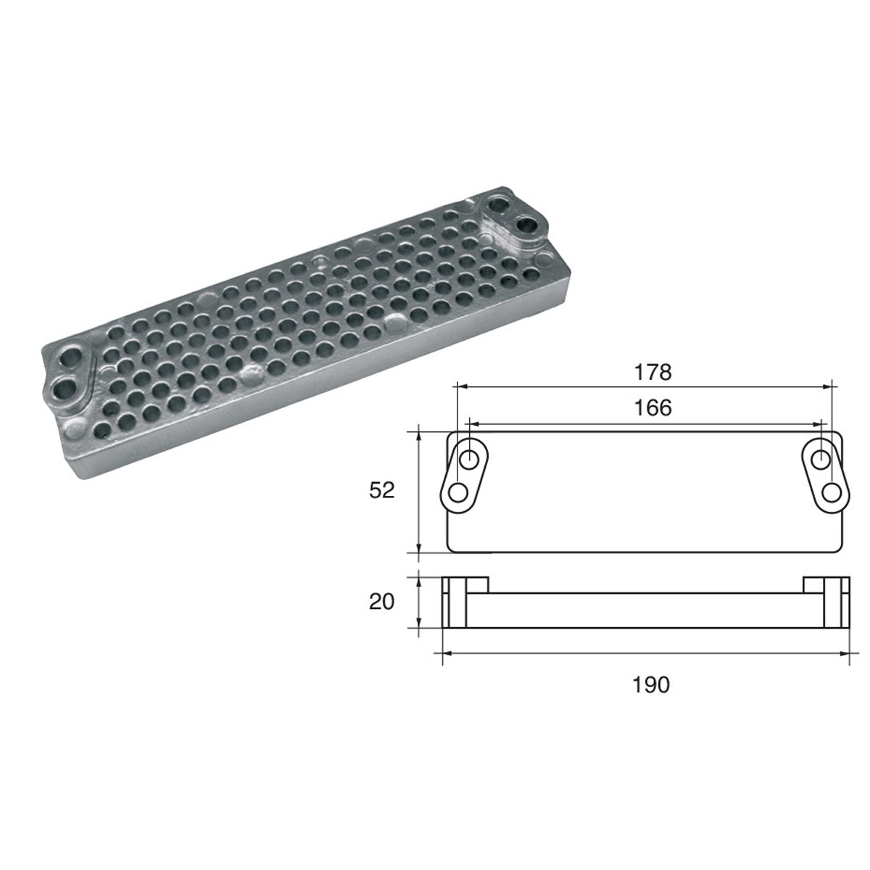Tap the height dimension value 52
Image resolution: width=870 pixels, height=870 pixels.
point(381,491)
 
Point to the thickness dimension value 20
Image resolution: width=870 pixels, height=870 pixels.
point(381,602)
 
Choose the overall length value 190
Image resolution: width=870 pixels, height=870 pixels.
point(650,684)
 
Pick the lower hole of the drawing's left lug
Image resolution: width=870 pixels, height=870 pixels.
point(458,493)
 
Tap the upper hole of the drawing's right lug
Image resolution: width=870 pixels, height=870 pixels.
point(821,459)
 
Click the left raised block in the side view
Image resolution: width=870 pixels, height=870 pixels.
point(466,584)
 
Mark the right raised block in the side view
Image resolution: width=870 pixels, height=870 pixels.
point(825,584)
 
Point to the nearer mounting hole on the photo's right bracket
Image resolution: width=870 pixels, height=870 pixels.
point(529,225)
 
